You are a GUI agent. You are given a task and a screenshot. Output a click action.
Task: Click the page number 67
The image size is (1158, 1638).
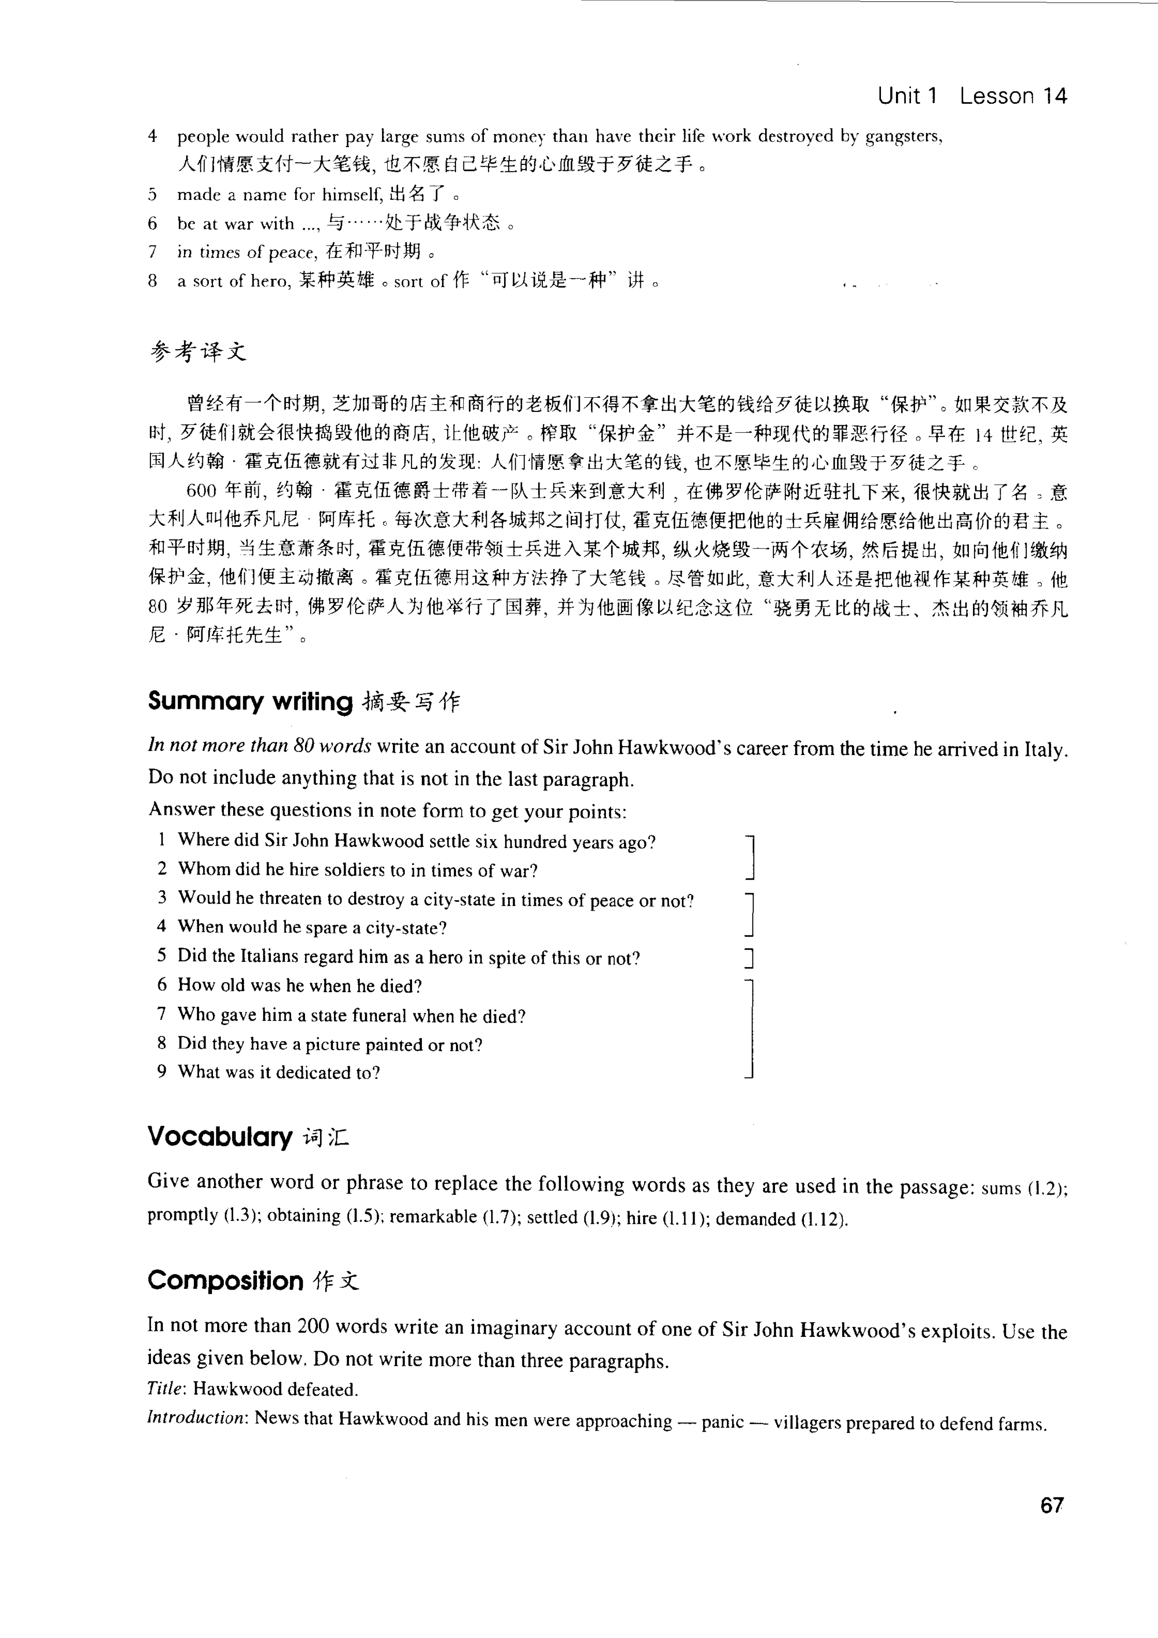(x=1051, y=1505)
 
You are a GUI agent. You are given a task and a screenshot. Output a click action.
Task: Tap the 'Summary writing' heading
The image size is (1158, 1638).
(x=250, y=702)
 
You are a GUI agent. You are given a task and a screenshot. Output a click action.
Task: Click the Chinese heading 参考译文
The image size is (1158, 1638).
(x=199, y=352)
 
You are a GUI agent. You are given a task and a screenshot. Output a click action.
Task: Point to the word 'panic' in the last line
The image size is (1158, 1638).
(x=722, y=1422)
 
